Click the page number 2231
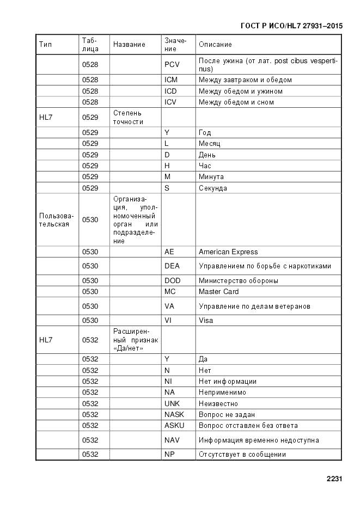point(334,480)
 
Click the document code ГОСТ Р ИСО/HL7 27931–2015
point(292,25)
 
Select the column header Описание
point(215,45)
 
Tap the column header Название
point(129,45)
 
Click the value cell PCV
point(172,65)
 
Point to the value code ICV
point(171,102)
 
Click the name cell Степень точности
point(128,117)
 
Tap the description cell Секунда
point(213,188)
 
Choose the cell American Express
point(228,252)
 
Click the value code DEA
point(172,266)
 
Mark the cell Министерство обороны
point(239,281)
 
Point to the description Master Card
point(219,292)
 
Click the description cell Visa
point(206,321)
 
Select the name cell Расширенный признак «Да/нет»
point(136,340)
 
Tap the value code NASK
point(174,415)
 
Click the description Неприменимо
point(222,393)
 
